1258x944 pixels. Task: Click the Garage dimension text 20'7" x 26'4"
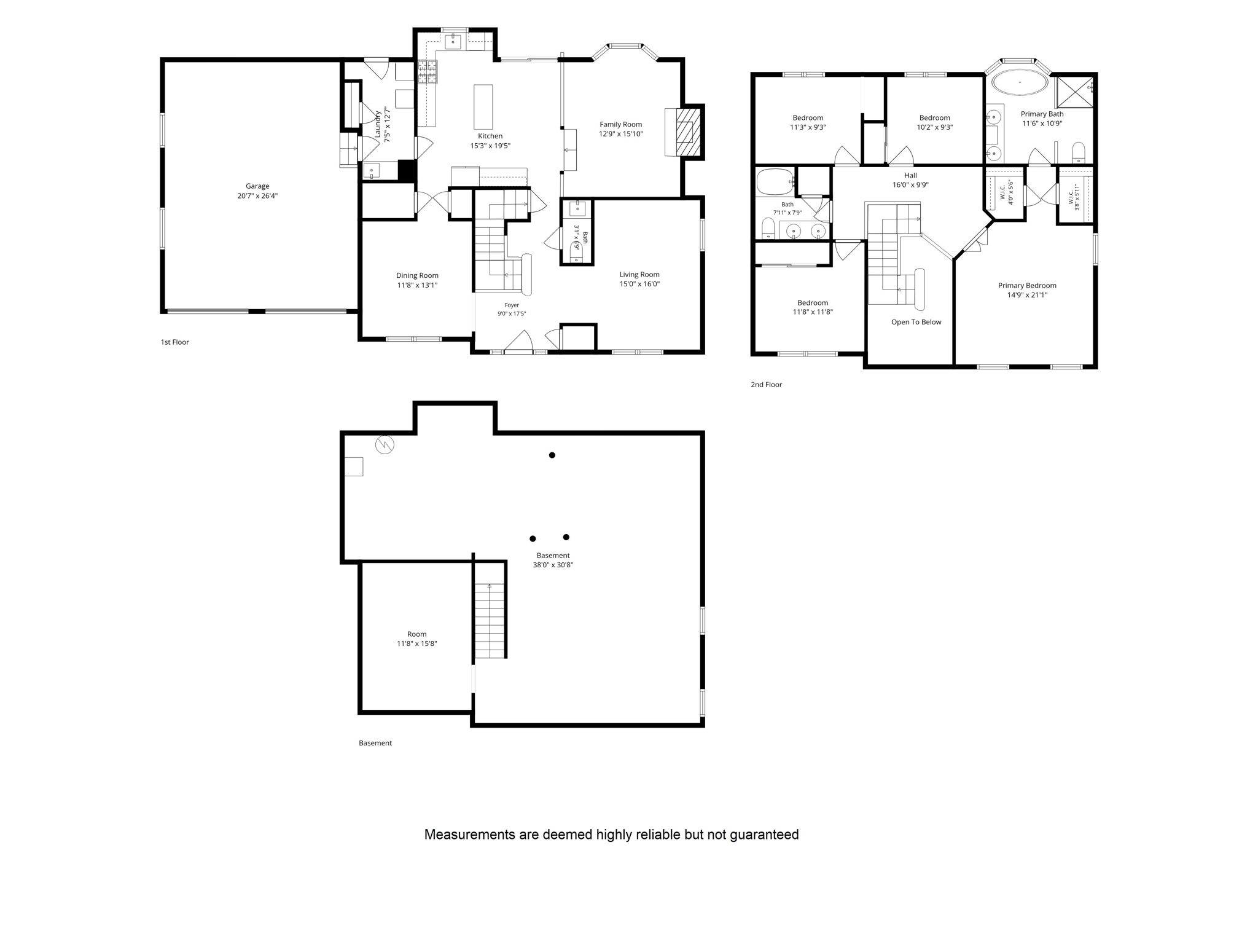257,196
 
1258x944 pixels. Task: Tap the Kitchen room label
490,136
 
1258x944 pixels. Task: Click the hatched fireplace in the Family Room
688,132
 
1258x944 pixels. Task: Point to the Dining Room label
417,275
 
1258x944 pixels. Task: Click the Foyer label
512,305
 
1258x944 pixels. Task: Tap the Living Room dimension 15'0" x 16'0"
639,284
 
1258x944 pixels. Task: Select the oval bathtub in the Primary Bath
1020,82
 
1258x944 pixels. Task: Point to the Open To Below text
916,322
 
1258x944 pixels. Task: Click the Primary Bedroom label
1027,285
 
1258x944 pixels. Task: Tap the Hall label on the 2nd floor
910,176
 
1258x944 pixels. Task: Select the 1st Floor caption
175,342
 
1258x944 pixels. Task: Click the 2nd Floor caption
767,385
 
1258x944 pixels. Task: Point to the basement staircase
490,621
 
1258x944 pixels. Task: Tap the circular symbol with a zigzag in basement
385,444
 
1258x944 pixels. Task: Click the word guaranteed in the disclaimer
765,835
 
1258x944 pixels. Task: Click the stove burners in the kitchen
428,72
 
